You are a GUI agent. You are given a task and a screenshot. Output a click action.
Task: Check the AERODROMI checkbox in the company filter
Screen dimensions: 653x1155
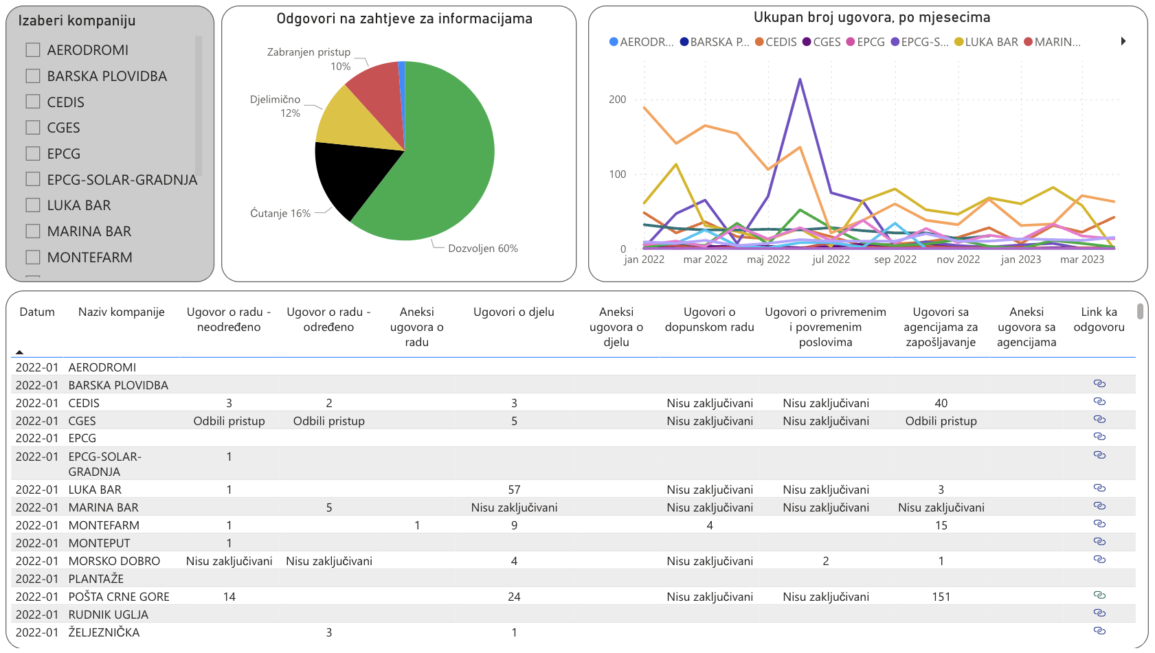(x=33, y=50)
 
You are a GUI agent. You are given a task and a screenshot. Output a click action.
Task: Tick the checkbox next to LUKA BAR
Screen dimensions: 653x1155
(x=33, y=205)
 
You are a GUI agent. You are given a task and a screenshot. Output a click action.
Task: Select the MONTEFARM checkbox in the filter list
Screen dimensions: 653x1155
(x=33, y=257)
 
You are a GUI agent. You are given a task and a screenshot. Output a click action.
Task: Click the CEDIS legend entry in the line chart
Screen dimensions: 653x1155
(x=776, y=42)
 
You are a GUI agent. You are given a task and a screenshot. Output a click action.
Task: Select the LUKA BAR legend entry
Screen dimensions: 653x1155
(x=986, y=42)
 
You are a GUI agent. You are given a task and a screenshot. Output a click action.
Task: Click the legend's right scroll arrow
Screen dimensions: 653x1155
(x=1123, y=41)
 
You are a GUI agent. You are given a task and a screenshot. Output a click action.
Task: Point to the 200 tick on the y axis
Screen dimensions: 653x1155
(x=617, y=100)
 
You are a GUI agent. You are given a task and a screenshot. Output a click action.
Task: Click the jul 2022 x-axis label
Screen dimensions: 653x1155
(x=831, y=260)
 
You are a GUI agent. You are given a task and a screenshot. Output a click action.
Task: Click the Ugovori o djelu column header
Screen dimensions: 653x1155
(x=513, y=312)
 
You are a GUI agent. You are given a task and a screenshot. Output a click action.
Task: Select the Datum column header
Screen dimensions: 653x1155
(x=37, y=312)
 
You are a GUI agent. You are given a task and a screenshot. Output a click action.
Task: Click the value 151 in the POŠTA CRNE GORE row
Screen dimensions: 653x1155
(x=941, y=597)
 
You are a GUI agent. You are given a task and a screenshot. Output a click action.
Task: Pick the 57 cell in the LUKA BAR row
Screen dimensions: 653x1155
(x=514, y=490)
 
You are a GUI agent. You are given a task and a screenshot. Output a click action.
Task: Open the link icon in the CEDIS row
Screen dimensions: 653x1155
(x=1099, y=402)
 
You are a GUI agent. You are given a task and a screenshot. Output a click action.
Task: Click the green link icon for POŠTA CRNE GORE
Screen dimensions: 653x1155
(x=1099, y=595)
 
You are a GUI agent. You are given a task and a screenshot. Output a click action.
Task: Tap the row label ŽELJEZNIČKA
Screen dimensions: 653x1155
(x=104, y=632)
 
